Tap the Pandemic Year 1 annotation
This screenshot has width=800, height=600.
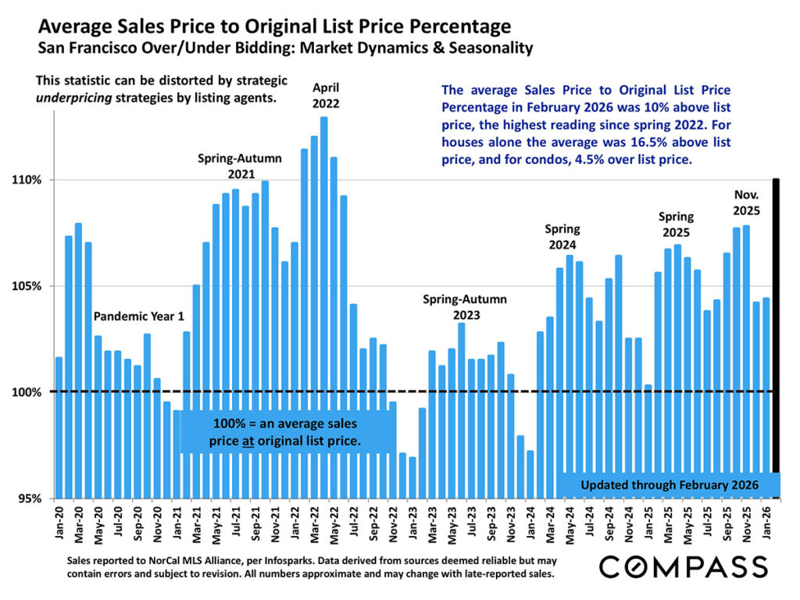coord(138,317)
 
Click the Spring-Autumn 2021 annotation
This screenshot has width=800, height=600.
coord(239,165)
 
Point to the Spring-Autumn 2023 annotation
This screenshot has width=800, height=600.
coord(465,307)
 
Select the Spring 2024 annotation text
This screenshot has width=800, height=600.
coord(562,237)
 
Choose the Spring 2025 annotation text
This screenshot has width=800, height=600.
coord(677,224)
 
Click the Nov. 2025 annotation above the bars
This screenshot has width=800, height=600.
coord(747,202)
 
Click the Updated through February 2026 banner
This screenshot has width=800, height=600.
coord(670,485)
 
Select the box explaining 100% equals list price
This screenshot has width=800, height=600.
coord(284,433)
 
